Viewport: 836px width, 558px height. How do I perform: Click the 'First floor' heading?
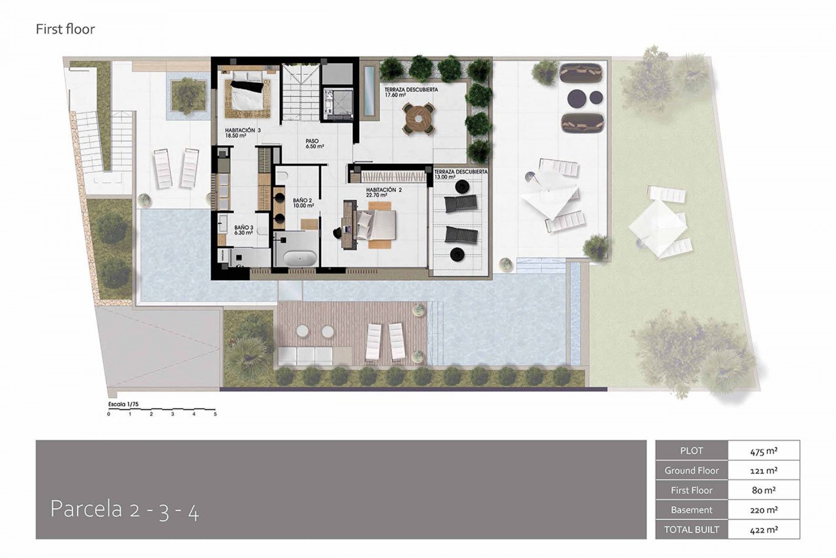pyautogui.click(x=65, y=29)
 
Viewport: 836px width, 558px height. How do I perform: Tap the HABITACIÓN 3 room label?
pyautogui.click(x=243, y=133)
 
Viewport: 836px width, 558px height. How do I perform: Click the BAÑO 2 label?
pyautogui.click(x=303, y=203)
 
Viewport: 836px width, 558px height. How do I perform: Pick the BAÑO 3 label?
pyautogui.click(x=244, y=230)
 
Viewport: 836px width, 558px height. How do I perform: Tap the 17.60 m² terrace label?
pyautogui.click(x=411, y=92)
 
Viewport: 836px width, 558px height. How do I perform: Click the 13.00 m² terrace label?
pyautogui.click(x=461, y=174)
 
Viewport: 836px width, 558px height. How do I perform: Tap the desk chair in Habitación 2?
pyautogui.click(x=337, y=233)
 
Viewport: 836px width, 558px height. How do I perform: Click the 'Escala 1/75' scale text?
pyautogui.click(x=123, y=404)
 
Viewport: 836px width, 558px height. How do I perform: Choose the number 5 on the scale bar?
pyautogui.click(x=215, y=414)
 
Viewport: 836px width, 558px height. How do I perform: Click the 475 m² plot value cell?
pyautogui.click(x=764, y=451)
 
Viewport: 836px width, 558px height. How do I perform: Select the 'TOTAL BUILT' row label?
pyautogui.click(x=691, y=530)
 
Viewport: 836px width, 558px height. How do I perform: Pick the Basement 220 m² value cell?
pyautogui.click(x=764, y=510)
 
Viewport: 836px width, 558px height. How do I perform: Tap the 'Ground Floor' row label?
pyautogui.click(x=691, y=470)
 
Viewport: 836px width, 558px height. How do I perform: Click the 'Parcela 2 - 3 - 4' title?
pyautogui.click(x=125, y=509)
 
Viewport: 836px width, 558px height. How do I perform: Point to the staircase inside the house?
pyautogui.click(x=300, y=92)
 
